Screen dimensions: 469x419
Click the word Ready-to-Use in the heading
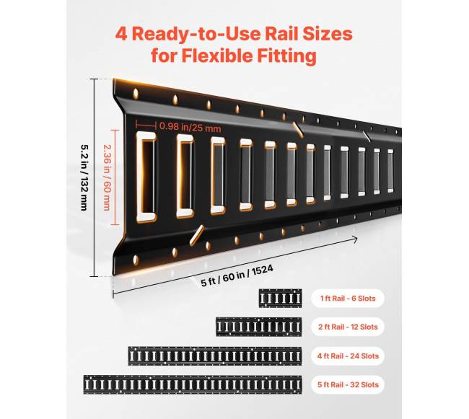pos(196,34)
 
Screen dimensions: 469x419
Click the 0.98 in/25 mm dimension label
pos(190,127)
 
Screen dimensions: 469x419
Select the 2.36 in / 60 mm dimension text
pos(107,177)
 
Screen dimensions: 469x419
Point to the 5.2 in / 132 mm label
pos(84,177)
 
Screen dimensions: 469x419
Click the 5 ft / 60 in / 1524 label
pos(237,275)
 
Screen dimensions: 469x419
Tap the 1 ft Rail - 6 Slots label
pos(348,299)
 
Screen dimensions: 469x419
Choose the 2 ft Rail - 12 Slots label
pos(348,327)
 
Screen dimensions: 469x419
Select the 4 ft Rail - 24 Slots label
pos(348,356)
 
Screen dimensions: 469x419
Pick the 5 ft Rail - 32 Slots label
pos(348,384)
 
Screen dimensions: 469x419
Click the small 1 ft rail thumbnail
pos(280,299)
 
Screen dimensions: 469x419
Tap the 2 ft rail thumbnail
pos(259,327)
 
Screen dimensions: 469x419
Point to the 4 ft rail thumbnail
pos(215,356)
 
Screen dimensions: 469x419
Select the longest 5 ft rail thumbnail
pos(193,384)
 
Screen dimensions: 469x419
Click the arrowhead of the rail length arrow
pos(354,239)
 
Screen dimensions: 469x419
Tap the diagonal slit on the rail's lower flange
pos(196,236)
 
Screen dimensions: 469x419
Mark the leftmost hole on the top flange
pos(136,94)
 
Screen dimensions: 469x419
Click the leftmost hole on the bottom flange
pos(136,260)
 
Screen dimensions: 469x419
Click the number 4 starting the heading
pos(121,35)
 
